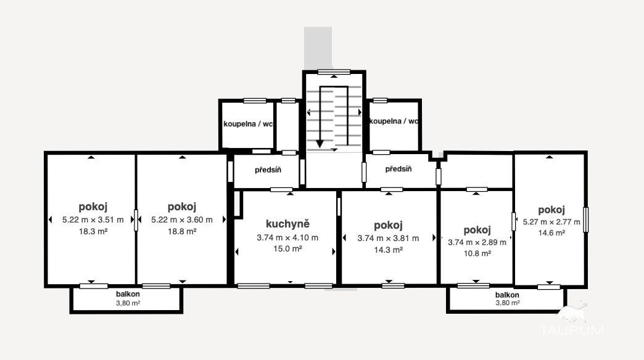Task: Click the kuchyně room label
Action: coord(287,224)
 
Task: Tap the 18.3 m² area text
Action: coord(93,232)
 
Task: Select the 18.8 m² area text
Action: coord(182,232)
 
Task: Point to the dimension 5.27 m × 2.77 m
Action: coord(551,222)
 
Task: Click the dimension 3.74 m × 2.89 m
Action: coord(477,243)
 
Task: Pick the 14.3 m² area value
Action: coord(388,250)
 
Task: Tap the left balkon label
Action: coord(128,294)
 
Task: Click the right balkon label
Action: coord(507,295)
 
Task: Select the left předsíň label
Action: coord(268,170)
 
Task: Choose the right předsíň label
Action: coord(398,169)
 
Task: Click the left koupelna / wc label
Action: coord(247,124)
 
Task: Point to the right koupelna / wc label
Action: coord(394,121)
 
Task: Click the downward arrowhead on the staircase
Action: coord(320,144)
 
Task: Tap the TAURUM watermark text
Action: coord(572,330)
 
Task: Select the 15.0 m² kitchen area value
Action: coord(287,249)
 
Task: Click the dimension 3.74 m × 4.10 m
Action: coord(287,238)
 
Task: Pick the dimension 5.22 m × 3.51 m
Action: coord(93,220)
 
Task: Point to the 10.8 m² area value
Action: coord(477,254)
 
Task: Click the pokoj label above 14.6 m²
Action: coord(551,210)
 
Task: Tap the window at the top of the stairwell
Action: coord(334,72)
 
